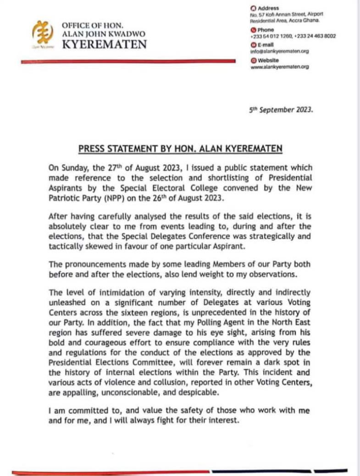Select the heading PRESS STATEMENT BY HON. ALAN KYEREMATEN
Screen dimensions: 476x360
180,149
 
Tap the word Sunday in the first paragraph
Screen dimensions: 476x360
73,168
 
